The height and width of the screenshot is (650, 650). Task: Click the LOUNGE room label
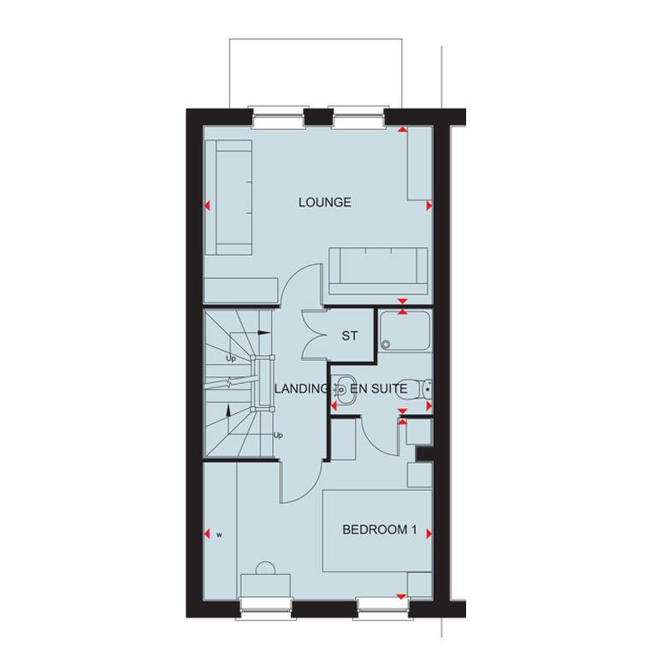[325, 203]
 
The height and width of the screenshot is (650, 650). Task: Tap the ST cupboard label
[349, 336]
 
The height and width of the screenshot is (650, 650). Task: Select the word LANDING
[300, 388]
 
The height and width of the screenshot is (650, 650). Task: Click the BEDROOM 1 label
[379, 530]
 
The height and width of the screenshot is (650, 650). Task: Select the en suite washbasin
[344, 389]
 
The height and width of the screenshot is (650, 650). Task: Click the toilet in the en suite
[417, 390]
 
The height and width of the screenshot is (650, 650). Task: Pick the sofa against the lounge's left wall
[233, 198]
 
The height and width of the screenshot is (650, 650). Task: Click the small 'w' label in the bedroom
[219, 535]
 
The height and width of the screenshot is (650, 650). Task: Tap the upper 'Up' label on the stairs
[230, 359]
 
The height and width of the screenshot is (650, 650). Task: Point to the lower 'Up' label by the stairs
[278, 435]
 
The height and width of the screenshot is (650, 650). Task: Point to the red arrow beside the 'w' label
[206, 535]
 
